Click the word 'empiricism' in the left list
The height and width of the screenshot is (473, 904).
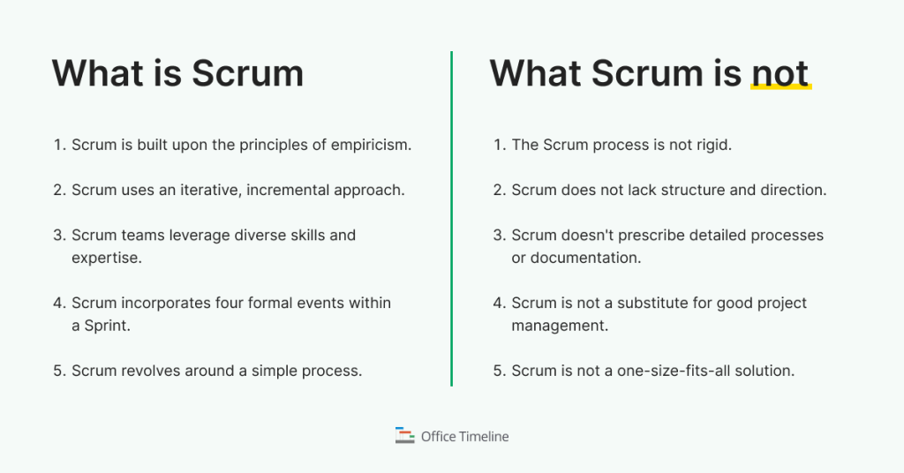click(373, 145)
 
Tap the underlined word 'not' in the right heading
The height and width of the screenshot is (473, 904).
click(780, 73)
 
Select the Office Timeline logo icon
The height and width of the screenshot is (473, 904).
click(404, 435)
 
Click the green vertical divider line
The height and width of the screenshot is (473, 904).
click(451, 221)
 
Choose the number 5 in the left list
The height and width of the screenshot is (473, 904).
click(58, 371)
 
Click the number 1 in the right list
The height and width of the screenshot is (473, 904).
click(499, 145)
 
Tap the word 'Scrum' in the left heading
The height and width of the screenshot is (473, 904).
click(247, 73)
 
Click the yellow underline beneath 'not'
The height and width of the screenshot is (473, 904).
click(780, 88)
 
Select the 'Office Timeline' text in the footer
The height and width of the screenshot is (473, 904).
click(464, 436)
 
